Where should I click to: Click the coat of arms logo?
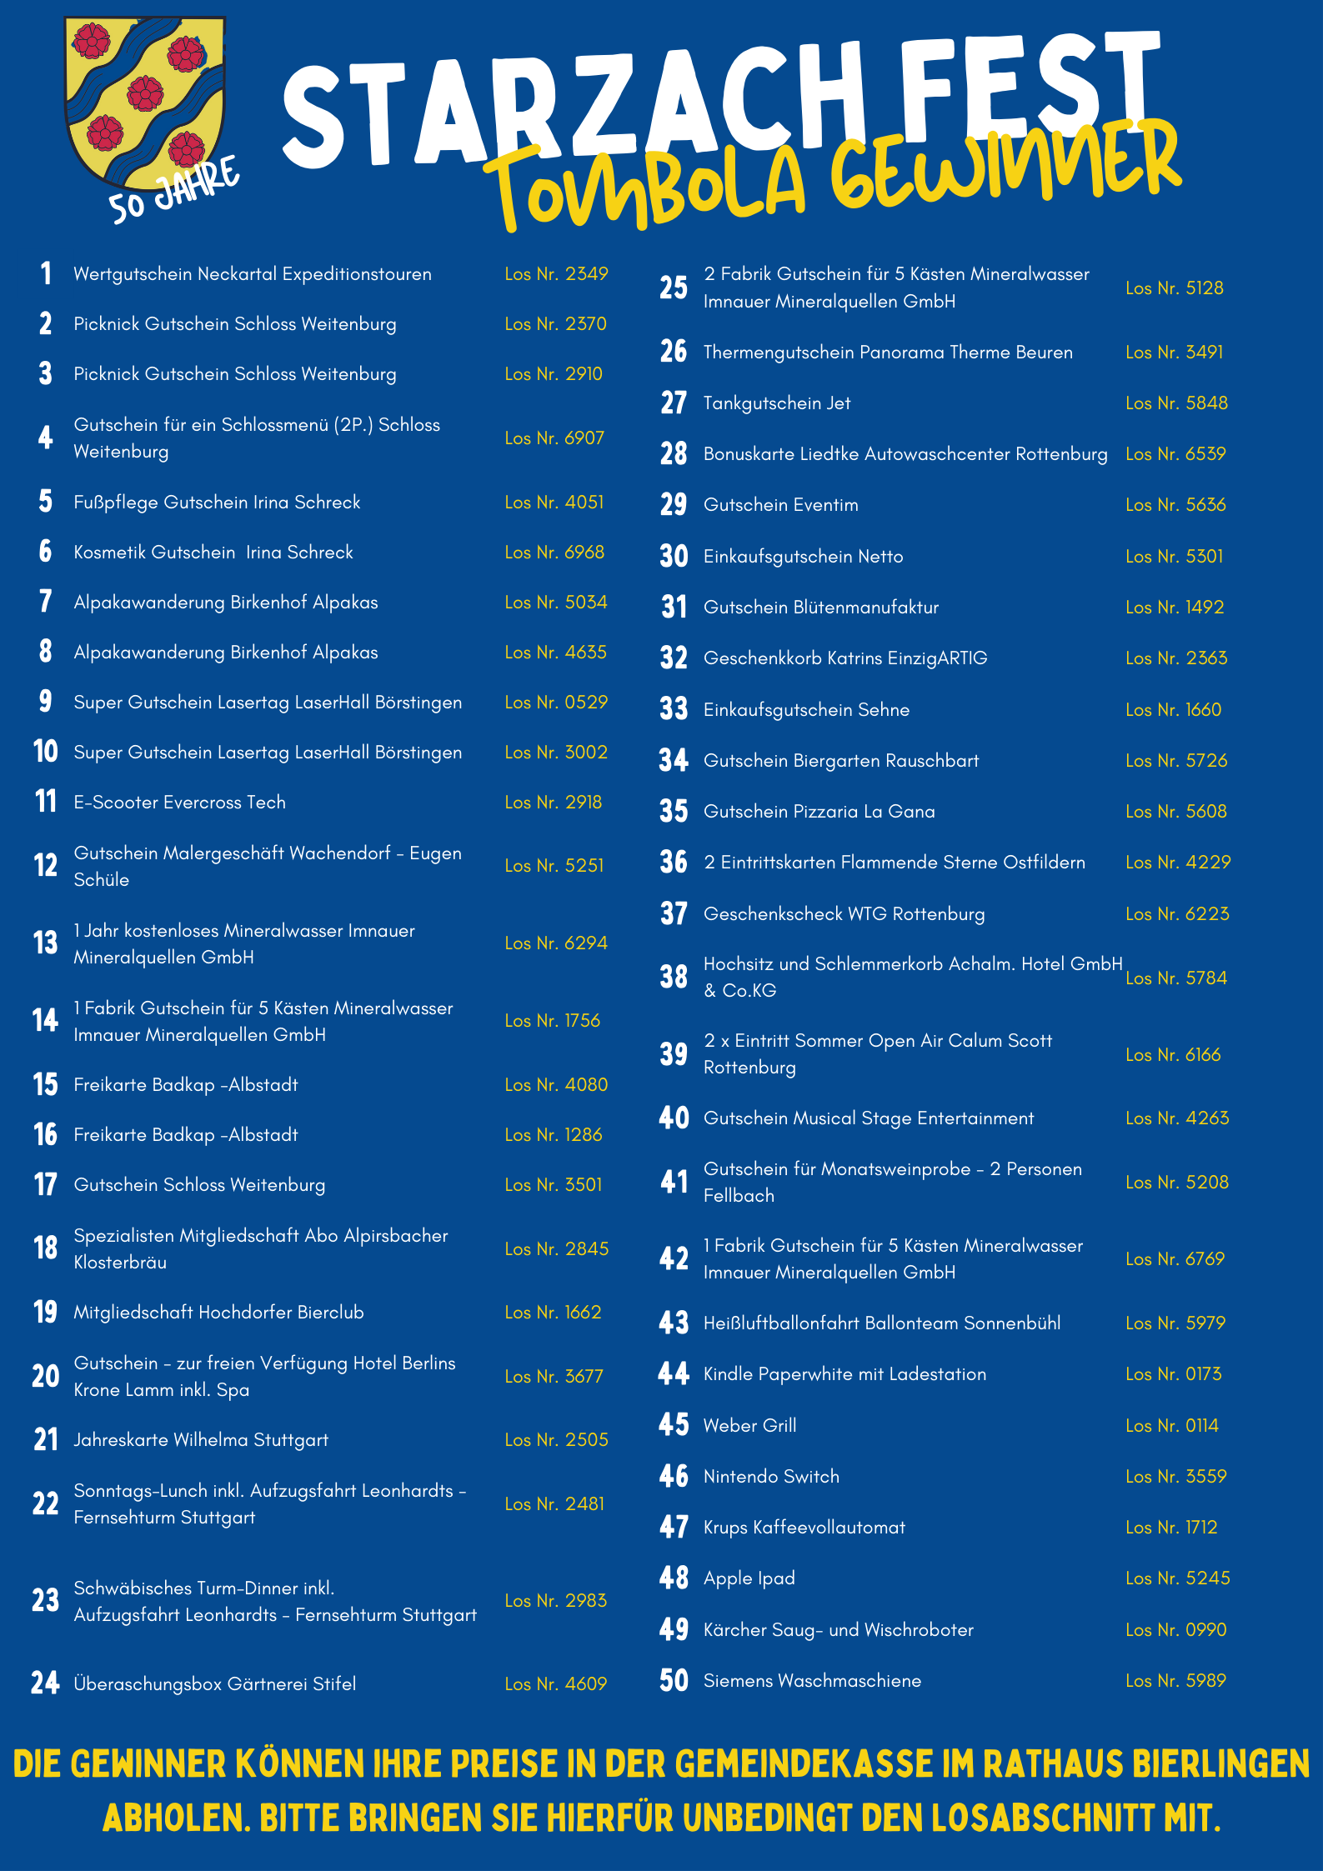pos(145,102)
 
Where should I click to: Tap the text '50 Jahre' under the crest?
pos(173,192)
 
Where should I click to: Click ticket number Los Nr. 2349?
pos(556,274)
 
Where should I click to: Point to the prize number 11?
pos(45,802)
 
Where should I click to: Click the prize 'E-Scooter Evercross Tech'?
pos(179,803)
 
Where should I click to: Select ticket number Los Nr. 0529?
pos(556,703)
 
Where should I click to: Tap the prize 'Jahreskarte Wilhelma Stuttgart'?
pos(201,1440)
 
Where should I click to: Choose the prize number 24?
pos(45,1683)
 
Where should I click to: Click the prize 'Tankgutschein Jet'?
pos(777,403)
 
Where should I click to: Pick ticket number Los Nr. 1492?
pos(1175,608)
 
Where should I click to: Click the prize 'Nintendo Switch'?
pos(771,1477)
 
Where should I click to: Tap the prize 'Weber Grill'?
pos(749,1426)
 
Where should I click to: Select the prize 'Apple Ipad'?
pos(749,1578)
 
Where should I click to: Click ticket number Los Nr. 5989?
pos(1175,1681)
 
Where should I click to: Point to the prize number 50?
pos(674,1681)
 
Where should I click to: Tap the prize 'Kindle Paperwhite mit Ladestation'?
pos(844,1374)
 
